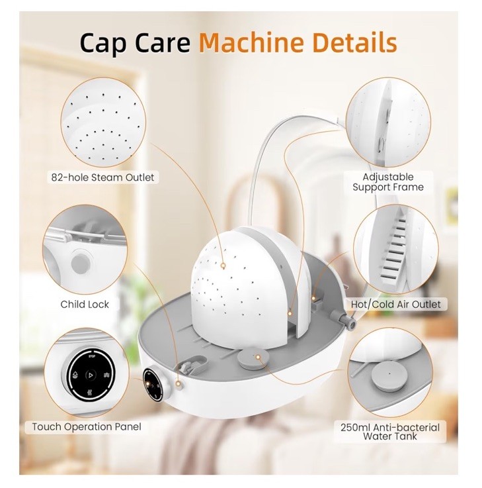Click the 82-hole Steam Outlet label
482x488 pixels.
click(x=102, y=177)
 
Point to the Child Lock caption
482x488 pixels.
click(x=85, y=305)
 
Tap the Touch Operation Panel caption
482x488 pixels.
click(x=87, y=426)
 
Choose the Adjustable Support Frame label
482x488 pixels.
click(x=388, y=182)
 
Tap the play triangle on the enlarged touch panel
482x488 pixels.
click(x=92, y=374)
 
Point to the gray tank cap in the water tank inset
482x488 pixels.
click(x=389, y=375)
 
